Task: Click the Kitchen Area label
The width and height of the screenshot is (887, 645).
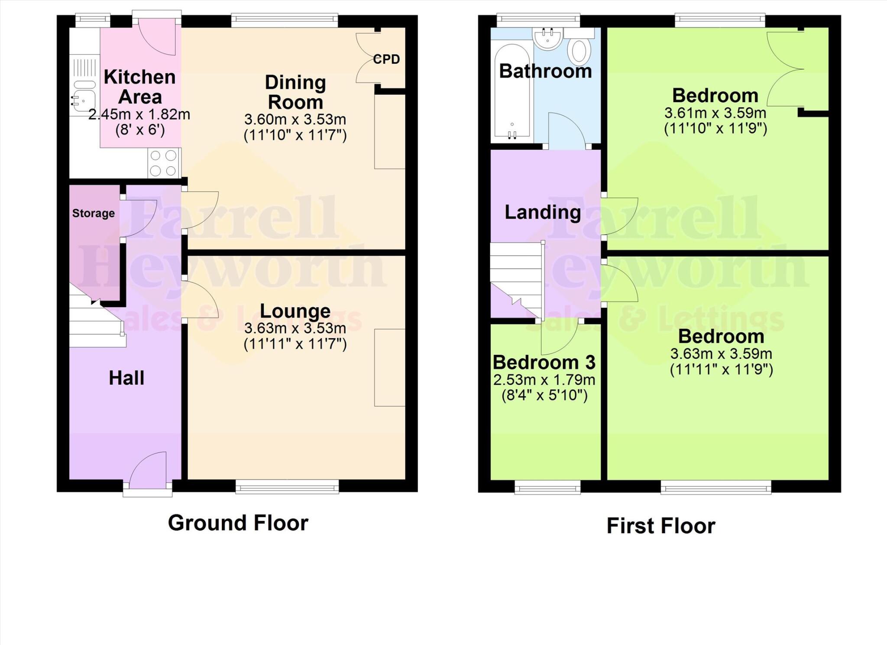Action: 139,87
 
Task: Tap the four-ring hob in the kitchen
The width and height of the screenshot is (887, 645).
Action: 164,163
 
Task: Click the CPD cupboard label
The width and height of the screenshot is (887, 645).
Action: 386,59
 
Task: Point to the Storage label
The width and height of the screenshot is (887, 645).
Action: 94,213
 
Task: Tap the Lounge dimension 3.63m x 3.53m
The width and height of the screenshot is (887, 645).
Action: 295,328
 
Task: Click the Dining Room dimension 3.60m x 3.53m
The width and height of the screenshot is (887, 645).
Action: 295,119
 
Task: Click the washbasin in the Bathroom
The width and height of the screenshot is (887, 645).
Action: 548,40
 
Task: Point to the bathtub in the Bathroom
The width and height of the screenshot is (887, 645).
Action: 512,91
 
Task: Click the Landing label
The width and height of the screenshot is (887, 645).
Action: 543,212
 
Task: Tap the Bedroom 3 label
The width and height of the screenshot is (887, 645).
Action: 544,362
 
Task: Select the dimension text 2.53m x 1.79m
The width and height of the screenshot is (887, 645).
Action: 544,380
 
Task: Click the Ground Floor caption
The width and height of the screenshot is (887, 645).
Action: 238,523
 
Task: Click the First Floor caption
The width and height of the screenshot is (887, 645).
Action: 660,526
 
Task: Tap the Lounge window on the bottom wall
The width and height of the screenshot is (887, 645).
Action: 287,487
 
